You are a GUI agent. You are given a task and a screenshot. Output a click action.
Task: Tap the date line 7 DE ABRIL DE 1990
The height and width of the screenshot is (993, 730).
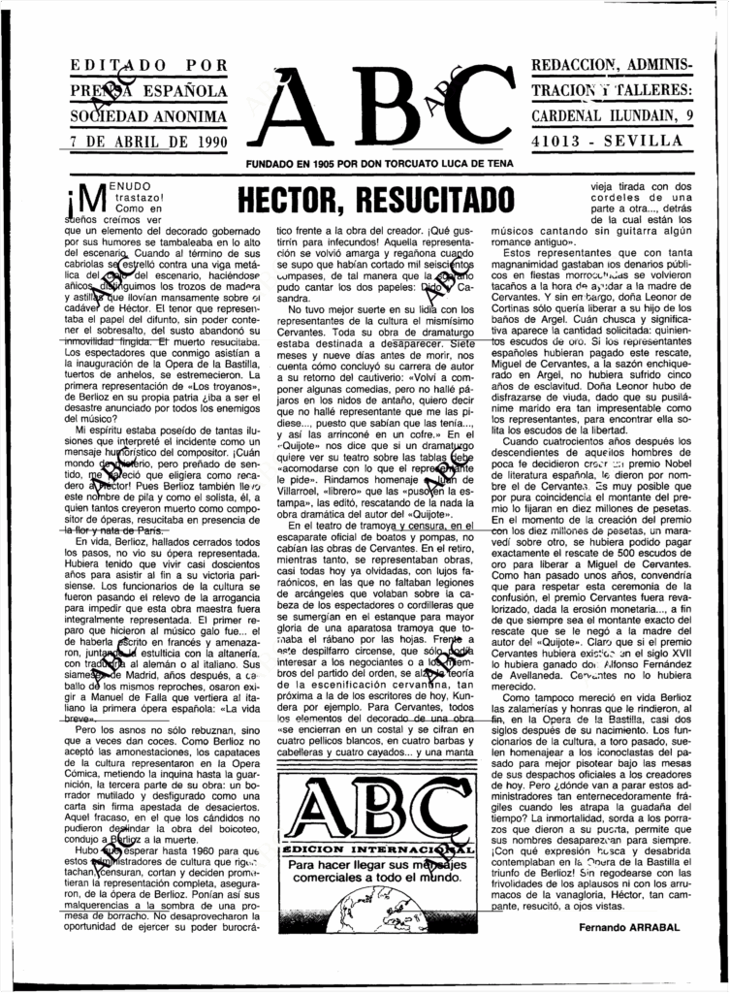(142, 141)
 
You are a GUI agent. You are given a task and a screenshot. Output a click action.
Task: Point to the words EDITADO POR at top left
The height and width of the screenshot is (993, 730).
(143, 68)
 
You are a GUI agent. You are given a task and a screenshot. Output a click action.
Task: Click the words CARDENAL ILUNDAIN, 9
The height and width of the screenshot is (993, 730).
(610, 116)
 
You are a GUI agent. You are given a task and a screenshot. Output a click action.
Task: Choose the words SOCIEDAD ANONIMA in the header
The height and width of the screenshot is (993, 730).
(142, 116)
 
